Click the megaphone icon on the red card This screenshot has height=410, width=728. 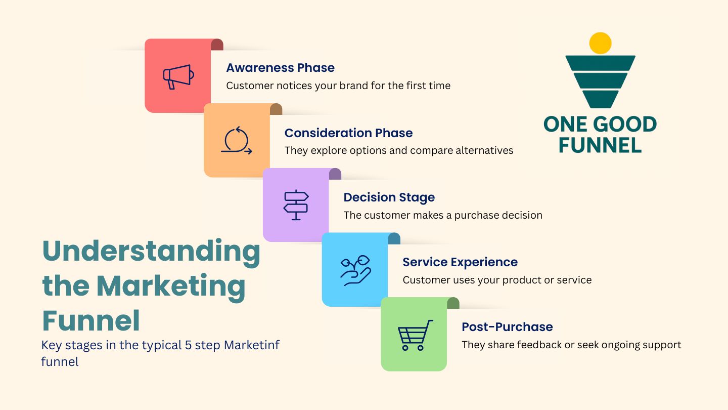pyautogui.click(x=178, y=76)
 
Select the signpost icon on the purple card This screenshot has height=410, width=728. pyautogui.click(x=296, y=204)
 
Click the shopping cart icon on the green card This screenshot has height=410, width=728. pyautogui.click(x=415, y=335)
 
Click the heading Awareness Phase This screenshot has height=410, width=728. pyautogui.click(x=280, y=68)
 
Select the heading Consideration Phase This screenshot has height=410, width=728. pyautogui.click(x=348, y=133)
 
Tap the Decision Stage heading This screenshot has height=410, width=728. pyautogui.click(x=389, y=197)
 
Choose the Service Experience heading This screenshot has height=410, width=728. pyautogui.click(x=460, y=262)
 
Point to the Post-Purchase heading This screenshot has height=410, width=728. pyautogui.click(x=507, y=327)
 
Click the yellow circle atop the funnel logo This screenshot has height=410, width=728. pyautogui.click(x=601, y=43)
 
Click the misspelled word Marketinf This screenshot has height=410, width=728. pyautogui.click(x=252, y=345)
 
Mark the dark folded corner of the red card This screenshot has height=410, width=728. pyautogui.click(x=217, y=45)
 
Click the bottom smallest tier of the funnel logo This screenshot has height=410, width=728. pyautogui.click(x=601, y=99)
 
